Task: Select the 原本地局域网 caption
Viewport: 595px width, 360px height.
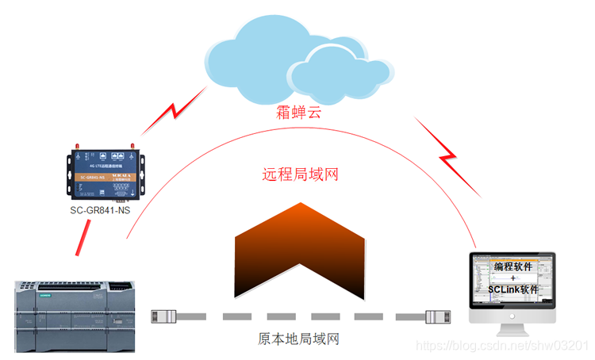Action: (x=299, y=339)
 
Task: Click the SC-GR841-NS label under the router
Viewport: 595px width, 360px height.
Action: (x=100, y=210)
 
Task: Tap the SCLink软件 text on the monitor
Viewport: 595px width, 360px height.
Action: (x=514, y=289)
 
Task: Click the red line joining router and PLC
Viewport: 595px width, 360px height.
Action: (x=81, y=236)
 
